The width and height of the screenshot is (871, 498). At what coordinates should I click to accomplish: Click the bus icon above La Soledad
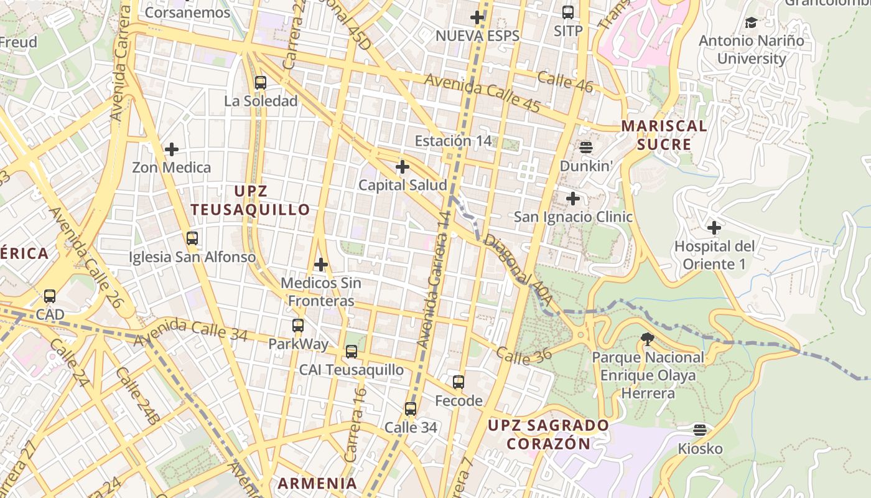click(x=261, y=82)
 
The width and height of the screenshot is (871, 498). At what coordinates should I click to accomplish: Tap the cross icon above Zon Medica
click(x=172, y=149)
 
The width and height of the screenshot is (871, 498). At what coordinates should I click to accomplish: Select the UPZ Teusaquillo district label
click(x=250, y=200)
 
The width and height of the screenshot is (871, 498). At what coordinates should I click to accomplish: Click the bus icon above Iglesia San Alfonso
click(x=192, y=238)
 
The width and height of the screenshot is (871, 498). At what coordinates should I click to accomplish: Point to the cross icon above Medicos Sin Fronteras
click(x=321, y=265)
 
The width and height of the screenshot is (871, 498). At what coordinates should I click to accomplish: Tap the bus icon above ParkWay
click(x=298, y=325)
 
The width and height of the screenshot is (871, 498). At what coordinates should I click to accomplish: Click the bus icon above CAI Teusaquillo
click(x=352, y=352)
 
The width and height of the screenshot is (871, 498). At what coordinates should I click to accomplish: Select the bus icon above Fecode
click(x=459, y=382)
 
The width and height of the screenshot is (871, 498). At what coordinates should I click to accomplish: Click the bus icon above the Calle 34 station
click(x=411, y=409)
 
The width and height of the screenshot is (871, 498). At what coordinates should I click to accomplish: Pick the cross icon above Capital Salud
click(x=403, y=167)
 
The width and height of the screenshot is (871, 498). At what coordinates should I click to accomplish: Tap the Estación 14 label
click(x=454, y=141)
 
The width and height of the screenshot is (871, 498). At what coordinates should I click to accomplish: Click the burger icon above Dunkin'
click(x=586, y=148)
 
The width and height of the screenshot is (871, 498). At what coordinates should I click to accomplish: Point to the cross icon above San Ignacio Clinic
click(x=573, y=199)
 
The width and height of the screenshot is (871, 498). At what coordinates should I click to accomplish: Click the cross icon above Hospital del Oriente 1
click(x=714, y=228)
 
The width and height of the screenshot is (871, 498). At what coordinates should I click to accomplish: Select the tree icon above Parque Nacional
click(x=648, y=339)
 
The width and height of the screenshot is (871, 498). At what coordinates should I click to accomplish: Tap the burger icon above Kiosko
click(x=701, y=430)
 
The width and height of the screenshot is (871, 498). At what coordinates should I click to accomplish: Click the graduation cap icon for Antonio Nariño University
click(x=752, y=23)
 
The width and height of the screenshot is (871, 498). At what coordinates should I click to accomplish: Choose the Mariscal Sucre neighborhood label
click(x=664, y=135)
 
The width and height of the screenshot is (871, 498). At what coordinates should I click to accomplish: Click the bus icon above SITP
click(x=568, y=12)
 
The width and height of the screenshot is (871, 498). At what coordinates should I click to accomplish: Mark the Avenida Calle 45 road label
click(x=482, y=93)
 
